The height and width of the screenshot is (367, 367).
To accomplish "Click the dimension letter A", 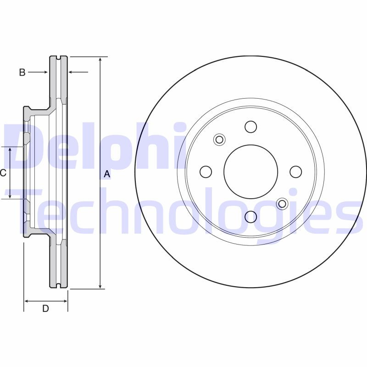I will pos(107,174).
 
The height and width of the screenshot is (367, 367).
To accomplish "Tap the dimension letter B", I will pos(22,72).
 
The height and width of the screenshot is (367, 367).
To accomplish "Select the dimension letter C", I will pos(3,173).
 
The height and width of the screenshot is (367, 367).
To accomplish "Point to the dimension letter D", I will pos(45,309).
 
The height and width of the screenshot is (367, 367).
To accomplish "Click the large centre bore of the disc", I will pos(250,172).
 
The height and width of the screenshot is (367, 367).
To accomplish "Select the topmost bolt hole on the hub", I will pos(250,127).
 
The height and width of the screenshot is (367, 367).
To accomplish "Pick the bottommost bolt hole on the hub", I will pos(250,217).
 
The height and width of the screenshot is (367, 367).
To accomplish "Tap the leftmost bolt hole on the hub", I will pos(206,172).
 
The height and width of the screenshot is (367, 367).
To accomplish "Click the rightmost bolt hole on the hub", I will pos(296,172).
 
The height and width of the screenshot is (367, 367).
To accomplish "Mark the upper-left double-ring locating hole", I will pos(219,139).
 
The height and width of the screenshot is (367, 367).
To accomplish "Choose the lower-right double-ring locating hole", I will pos(282,204).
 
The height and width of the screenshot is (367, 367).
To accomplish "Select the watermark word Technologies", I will pos(183,213).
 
